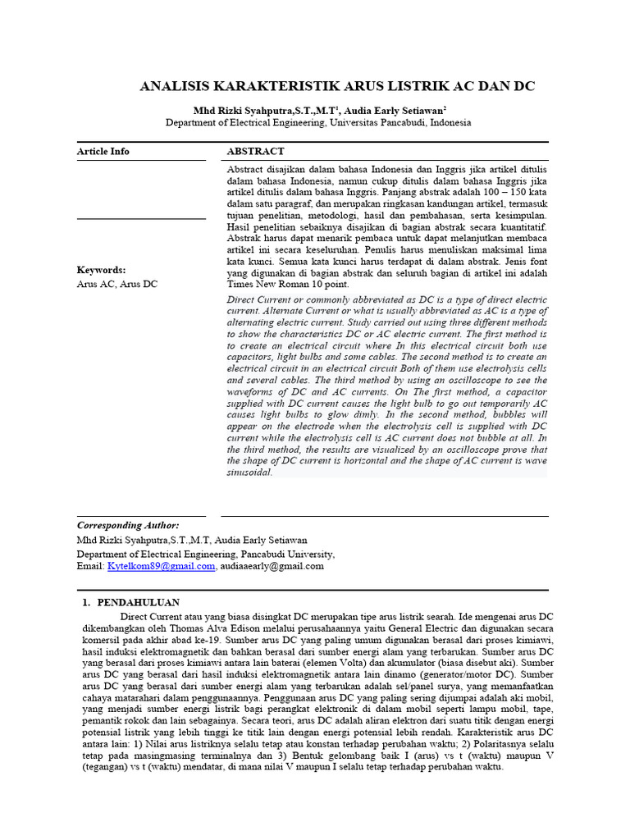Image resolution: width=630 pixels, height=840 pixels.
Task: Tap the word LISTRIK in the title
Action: [411, 86]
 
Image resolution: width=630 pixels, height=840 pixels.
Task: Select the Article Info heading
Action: [103, 151]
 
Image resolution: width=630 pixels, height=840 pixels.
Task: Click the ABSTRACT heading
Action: [255, 151]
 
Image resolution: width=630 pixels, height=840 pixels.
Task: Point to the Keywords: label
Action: [101, 270]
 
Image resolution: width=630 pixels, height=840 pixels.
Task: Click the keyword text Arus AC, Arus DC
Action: [117, 284]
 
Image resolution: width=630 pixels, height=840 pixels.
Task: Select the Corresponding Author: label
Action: [128, 525]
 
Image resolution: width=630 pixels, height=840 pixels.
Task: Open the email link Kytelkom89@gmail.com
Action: [161, 566]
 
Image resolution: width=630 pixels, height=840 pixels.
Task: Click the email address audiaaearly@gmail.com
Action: [272, 566]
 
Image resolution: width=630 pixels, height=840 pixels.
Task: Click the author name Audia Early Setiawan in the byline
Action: [395, 110]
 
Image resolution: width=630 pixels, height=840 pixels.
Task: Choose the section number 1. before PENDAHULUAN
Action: [86, 602]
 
